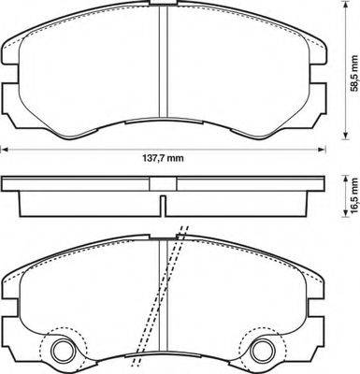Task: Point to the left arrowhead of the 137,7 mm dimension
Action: coord(4,146)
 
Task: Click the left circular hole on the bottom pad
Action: coord(65,352)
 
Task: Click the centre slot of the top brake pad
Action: coord(164,70)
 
